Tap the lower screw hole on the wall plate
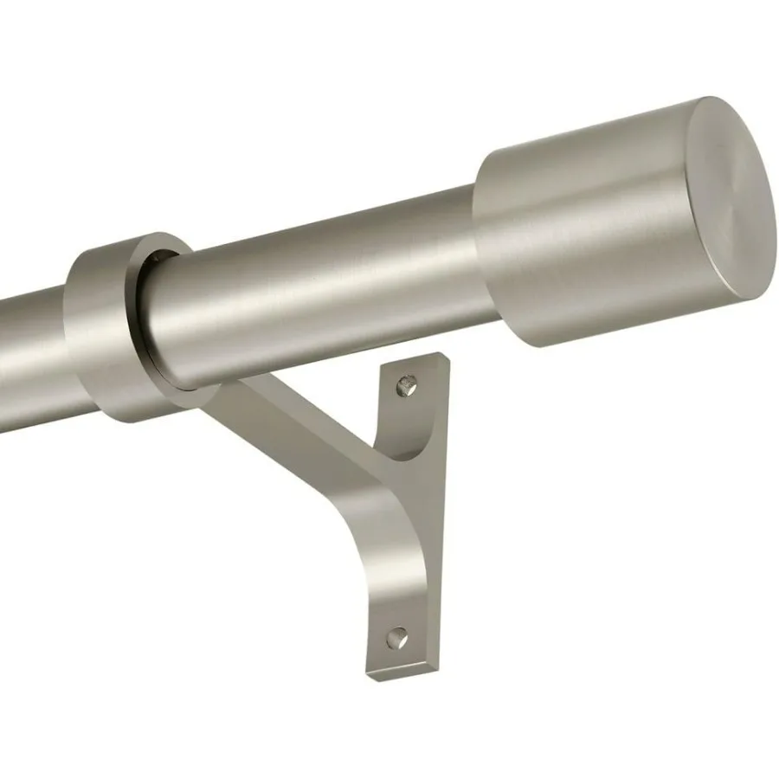click(396, 638)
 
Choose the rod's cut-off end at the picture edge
click(3, 364)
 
